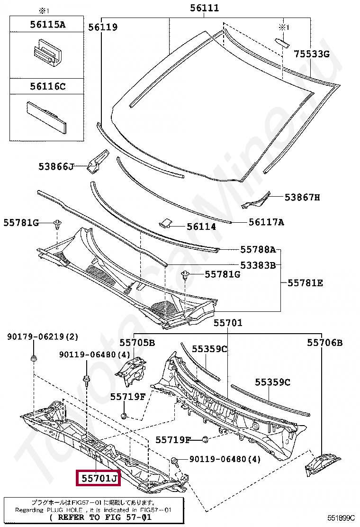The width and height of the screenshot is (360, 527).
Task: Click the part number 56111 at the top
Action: [x=205, y=8]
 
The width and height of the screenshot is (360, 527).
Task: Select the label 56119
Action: [x=103, y=27]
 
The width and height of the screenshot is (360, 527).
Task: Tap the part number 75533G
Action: [x=311, y=54]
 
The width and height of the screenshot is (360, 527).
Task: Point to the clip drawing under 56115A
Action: [x=47, y=53]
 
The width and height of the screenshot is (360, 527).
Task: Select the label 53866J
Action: [x=56, y=166]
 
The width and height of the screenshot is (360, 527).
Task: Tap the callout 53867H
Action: [x=302, y=197]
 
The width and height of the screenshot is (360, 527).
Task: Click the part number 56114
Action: [x=201, y=227]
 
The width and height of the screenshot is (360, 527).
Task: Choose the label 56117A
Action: [x=266, y=222]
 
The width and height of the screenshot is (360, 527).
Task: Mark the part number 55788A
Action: [x=258, y=249]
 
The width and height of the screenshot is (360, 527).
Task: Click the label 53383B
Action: [x=258, y=265]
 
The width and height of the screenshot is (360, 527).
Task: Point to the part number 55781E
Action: [x=306, y=283]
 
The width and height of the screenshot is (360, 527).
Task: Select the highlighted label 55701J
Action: [x=99, y=479]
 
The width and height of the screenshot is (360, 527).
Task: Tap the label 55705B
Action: [x=137, y=342]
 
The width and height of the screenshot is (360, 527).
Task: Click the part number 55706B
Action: [x=324, y=342]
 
